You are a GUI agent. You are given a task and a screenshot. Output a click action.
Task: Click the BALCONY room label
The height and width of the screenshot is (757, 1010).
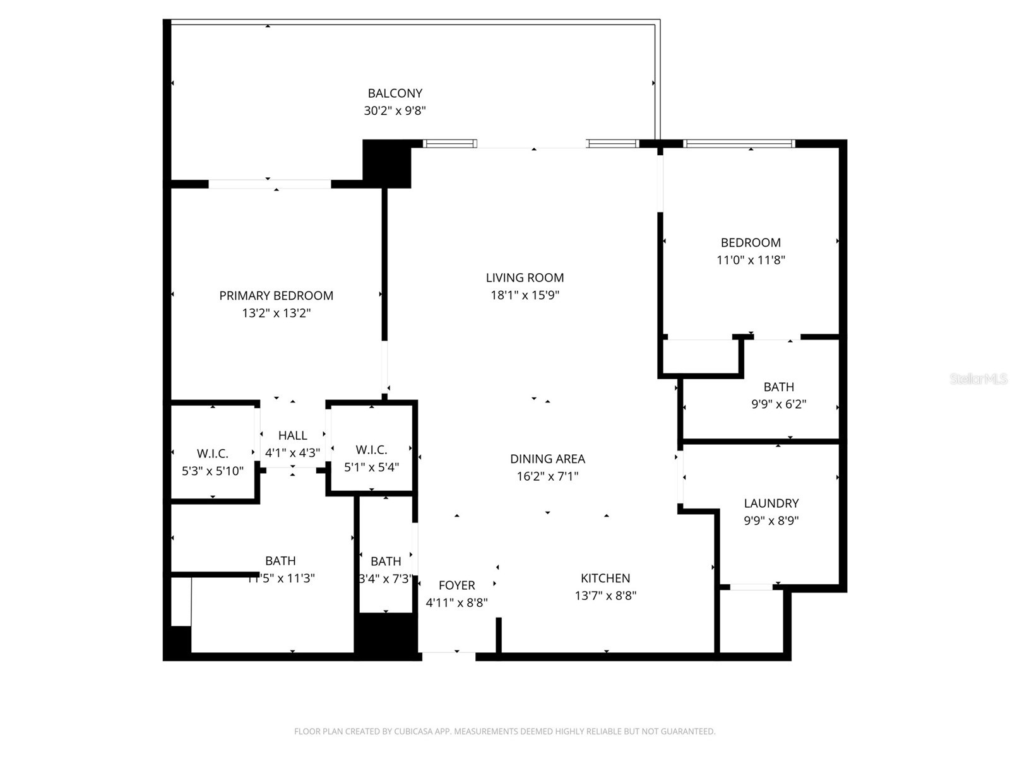pyautogui.click(x=395, y=93)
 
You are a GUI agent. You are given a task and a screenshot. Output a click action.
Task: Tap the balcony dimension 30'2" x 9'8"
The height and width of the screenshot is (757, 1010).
pyautogui.click(x=395, y=111)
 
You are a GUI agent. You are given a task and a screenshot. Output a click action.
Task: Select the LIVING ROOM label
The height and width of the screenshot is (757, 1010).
pyautogui.click(x=525, y=278)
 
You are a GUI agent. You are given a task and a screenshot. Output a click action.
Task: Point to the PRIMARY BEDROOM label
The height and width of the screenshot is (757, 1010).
pyautogui.click(x=276, y=295)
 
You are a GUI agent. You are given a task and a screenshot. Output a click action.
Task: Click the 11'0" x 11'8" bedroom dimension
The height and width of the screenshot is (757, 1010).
pyautogui.click(x=751, y=260)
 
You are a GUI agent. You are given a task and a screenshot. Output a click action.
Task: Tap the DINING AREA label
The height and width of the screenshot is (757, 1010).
pyautogui.click(x=547, y=459)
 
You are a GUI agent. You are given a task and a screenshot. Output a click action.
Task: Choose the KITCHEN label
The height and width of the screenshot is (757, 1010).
pyautogui.click(x=605, y=578)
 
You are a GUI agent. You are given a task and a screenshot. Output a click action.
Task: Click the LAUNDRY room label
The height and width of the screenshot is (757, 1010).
pyautogui.click(x=771, y=503)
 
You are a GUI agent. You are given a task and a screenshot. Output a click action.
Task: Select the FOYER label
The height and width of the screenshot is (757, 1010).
pyautogui.click(x=456, y=585)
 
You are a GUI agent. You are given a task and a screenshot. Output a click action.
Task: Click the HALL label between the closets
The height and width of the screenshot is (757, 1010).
pyautogui.click(x=292, y=435)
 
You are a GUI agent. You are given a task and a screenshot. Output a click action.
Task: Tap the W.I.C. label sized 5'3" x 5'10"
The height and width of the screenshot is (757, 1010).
pyautogui.click(x=212, y=454)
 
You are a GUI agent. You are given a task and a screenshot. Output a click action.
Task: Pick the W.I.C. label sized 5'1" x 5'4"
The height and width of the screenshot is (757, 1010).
pyautogui.click(x=371, y=450)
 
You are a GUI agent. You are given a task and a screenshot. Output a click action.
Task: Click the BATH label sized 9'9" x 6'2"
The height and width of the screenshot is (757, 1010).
pyautogui.click(x=778, y=387)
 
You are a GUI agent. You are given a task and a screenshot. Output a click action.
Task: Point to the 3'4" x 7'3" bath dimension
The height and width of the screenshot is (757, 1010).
pyautogui.click(x=386, y=578)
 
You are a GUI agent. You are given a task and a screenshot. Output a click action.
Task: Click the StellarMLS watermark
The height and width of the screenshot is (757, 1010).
pyautogui.click(x=978, y=378)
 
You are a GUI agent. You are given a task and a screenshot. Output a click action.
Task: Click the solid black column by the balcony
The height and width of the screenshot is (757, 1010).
pyautogui.click(x=386, y=163)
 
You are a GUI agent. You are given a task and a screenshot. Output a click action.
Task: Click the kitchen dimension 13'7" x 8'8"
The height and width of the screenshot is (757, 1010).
pyautogui.click(x=605, y=596)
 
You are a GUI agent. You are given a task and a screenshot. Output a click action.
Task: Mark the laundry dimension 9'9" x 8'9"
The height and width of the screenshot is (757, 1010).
pyautogui.click(x=771, y=521)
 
